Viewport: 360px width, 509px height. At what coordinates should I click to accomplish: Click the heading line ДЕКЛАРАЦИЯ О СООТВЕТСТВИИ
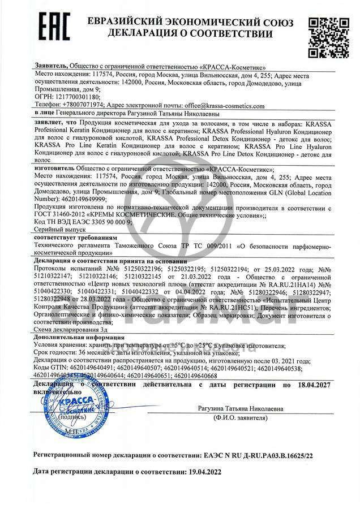pyautogui.click(x=190, y=34)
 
